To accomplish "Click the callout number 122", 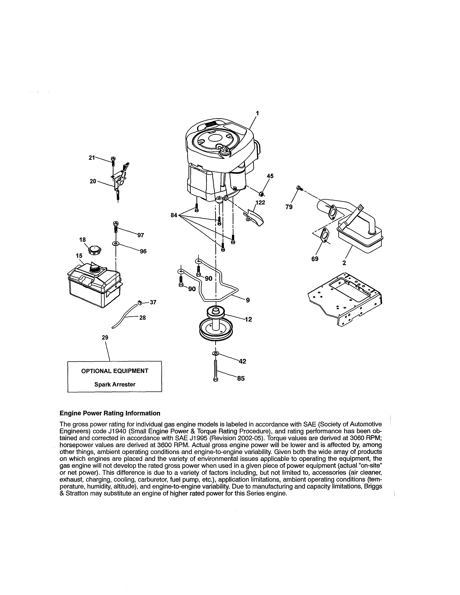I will [x=260, y=202].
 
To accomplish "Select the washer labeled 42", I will [x=215, y=354].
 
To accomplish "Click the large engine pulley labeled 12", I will [x=216, y=326].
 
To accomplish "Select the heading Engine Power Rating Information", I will [x=110, y=413].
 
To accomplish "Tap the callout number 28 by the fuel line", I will [x=143, y=318].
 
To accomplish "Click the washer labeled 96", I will [x=116, y=243].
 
